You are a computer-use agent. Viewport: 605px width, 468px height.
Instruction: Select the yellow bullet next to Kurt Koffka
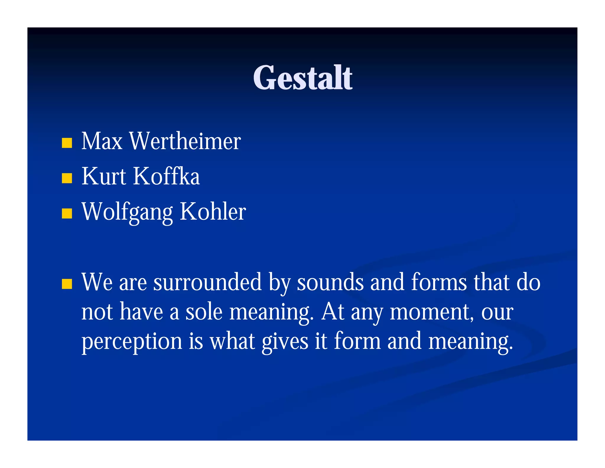click(x=67, y=178)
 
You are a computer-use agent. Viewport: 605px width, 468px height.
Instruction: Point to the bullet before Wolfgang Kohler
click(x=67, y=213)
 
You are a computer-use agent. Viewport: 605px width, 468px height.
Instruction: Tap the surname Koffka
click(x=167, y=176)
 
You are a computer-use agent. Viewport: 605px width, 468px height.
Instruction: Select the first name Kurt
click(x=104, y=176)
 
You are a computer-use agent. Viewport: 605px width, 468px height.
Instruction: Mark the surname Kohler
click(x=213, y=212)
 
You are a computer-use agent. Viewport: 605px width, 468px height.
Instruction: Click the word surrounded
click(x=207, y=282)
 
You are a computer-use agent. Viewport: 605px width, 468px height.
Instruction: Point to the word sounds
click(x=330, y=282)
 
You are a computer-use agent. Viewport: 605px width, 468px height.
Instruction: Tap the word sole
click(x=204, y=312)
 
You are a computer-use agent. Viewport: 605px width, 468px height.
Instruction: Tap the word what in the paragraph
click(x=232, y=341)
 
